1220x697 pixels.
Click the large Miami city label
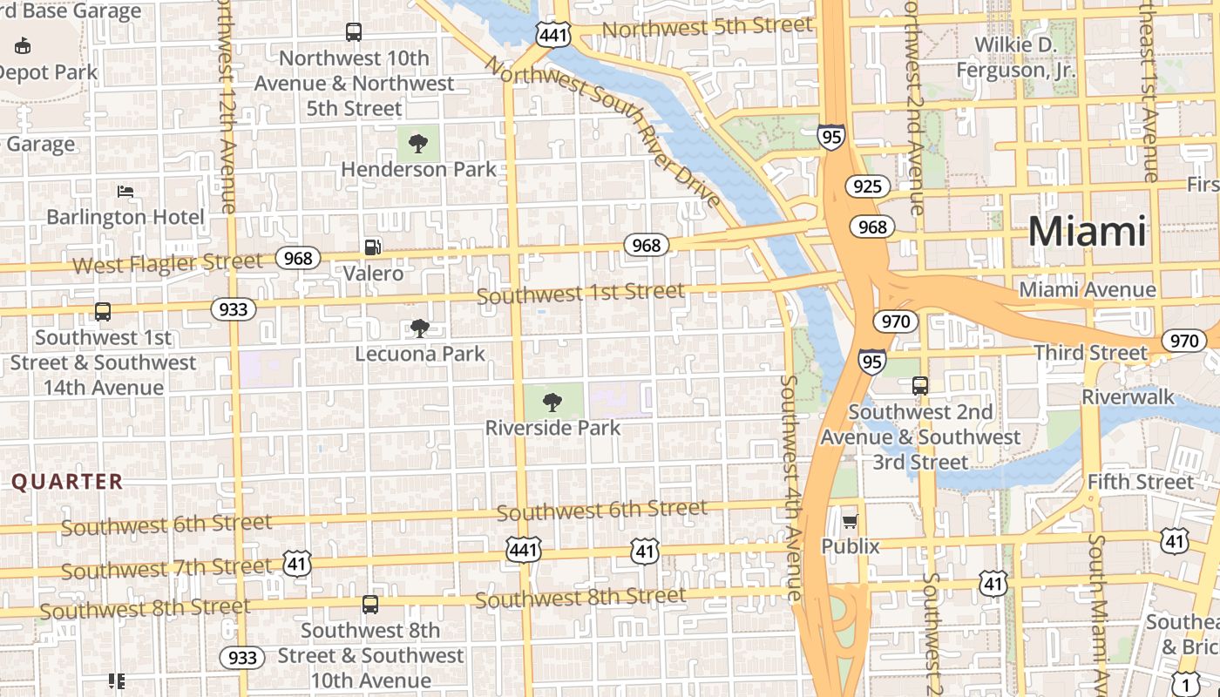tap(1088, 232)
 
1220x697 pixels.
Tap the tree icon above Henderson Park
tap(418, 143)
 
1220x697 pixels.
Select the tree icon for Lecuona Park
tap(420, 328)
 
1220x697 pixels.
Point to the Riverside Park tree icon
tap(552, 402)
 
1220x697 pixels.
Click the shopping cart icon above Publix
tap(851, 521)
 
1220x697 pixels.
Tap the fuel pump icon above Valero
tap(373, 247)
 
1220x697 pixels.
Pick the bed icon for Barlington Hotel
tap(125, 191)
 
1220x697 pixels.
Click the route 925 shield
tap(867, 186)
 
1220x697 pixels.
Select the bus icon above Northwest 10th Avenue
tap(354, 32)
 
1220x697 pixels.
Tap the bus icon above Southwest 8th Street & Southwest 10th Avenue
tap(370, 604)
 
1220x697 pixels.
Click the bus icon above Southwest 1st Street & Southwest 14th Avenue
tap(103, 311)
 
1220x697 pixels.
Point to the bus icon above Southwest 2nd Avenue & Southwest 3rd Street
tap(920, 385)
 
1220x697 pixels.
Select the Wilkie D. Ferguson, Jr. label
tap(1015, 58)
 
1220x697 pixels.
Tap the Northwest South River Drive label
tap(603, 131)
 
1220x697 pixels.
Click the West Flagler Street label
tap(167, 262)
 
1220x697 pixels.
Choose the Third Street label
tap(1090, 353)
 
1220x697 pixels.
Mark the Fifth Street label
tap(1140, 482)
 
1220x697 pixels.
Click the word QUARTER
tap(67, 482)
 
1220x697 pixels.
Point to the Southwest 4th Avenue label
tap(791, 488)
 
